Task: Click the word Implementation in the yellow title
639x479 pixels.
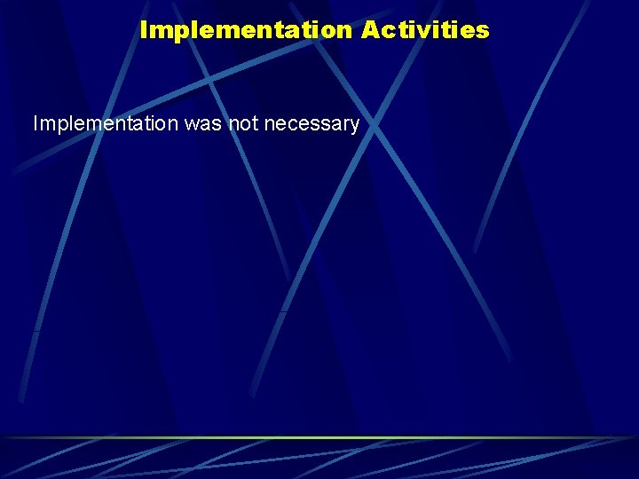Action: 246,30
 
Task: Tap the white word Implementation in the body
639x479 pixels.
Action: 106,124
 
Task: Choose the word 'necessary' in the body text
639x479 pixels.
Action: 312,124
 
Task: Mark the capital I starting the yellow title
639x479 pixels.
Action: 144,30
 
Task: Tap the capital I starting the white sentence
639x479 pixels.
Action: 35,124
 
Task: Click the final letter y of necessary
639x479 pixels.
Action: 354,126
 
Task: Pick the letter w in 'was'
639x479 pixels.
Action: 192,124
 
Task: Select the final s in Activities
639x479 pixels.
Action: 483,31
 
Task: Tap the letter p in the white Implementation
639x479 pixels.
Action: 59,126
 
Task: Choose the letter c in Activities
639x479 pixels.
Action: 386,31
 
